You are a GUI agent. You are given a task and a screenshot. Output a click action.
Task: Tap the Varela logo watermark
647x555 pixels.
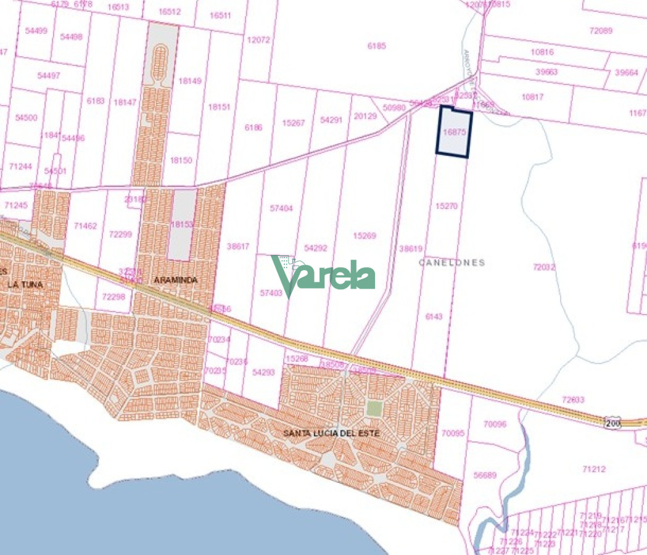click(x=323, y=277)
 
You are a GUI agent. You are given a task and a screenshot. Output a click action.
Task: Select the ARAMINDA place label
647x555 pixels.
click(x=176, y=280)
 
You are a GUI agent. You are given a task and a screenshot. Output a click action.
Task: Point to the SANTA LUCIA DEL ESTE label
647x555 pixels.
click(x=331, y=433)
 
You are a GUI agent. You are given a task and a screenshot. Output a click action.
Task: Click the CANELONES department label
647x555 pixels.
click(x=451, y=262)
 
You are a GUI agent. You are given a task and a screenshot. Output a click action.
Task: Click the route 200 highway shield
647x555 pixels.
click(x=612, y=422)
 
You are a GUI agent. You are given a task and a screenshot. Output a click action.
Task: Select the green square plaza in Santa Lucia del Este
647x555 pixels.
click(x=374, y=408)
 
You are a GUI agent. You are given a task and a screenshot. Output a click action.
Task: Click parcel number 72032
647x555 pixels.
click(x=544, y=267)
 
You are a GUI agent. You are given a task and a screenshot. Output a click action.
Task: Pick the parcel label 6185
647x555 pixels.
click(x=376, y=46)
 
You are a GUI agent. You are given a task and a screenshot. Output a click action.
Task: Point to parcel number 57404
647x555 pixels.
click(x=281, y=208)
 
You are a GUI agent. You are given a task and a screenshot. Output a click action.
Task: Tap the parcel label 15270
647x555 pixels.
click(x=446, y=206)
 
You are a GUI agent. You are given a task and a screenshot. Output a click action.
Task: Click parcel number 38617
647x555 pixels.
click(x=238, y=246)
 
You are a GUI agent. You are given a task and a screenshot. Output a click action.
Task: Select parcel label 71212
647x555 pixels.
click(x=593, y=469)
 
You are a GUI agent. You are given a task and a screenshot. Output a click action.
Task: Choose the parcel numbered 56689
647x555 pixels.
click(x=485, y=475)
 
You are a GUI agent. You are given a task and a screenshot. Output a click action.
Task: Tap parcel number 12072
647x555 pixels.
click(x=258, y=40)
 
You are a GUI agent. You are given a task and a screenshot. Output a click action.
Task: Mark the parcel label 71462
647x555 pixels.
click(x=85, y=226)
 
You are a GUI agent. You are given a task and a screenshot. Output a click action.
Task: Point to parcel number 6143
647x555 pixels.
click(x=434, y=316)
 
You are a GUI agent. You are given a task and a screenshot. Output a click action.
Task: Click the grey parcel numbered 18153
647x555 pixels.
click(x=182, y=224)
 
